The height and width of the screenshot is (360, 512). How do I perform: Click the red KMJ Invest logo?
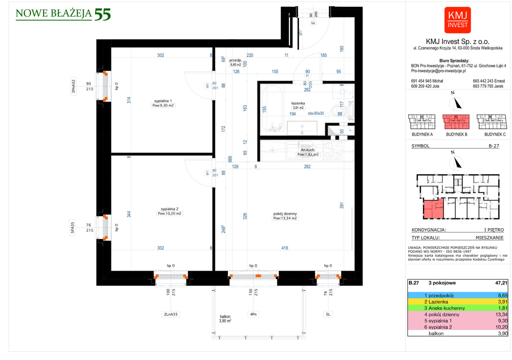click(457, 20)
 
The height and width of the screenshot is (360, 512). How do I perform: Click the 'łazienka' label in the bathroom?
click(298, 103)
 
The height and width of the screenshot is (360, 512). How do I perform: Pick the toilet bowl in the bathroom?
click(337, 110)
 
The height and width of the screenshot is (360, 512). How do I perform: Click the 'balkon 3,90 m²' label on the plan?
click(225, 319)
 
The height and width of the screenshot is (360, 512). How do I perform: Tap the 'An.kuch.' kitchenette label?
click(308, 150)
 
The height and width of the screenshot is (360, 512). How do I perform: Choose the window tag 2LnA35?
click(171, 314)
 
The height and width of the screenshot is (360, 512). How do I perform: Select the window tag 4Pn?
click(253, 314)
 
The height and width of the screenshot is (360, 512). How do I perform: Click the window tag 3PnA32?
click(73, 86)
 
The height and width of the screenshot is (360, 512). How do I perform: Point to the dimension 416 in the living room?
click(285, 248)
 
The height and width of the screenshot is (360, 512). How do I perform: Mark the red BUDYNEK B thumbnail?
click(456, 122)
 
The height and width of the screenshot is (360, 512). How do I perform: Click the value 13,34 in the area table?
click(501, 314)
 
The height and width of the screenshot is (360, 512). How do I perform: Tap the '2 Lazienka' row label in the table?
click(436, 302)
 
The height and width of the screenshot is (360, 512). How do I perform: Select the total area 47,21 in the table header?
click(501, 283)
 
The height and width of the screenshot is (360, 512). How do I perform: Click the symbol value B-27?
click(494, 146)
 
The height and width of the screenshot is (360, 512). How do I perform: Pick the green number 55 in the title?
click(103, 15)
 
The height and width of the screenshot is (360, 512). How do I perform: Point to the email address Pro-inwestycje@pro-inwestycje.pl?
click(438, 71)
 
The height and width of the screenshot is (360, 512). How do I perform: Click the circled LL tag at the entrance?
click(313, 23)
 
